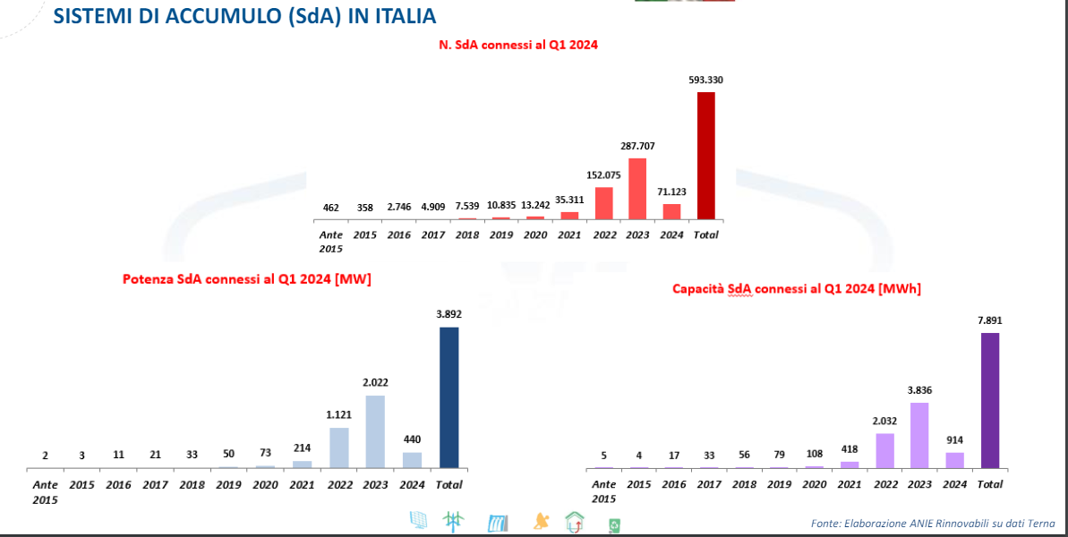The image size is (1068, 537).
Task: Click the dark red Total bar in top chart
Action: pos(706,156)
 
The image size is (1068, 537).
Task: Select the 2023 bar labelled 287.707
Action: pos(637,189)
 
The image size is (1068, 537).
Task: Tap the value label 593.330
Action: pos(705,81)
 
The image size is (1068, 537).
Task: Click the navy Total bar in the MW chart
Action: pos(449,397)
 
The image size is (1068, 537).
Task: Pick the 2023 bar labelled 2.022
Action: pos(376,431)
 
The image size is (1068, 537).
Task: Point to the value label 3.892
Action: pos(449,314)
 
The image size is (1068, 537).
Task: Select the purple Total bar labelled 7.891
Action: pos(989,400)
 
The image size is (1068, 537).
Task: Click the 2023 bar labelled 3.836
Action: pos(919,435)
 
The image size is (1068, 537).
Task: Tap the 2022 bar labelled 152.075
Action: pos(603,203)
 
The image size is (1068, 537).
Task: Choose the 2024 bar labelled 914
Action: pos(955,460)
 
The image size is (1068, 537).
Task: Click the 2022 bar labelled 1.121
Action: pos(339,447)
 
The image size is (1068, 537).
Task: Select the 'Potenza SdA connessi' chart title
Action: pos(247,279)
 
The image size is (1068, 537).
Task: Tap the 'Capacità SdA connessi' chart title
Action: pos(797,289)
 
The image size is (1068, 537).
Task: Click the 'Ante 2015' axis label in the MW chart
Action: pos(46,491)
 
